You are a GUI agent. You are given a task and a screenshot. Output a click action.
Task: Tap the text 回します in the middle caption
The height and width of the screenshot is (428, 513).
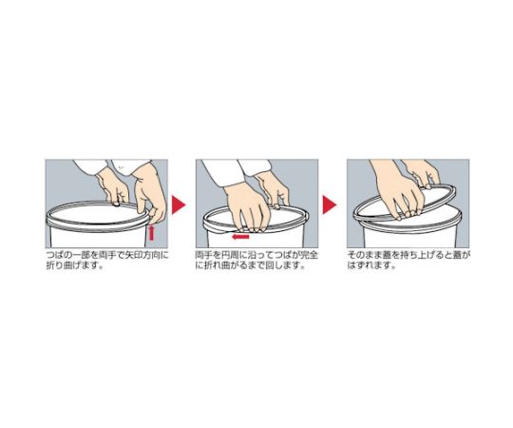pyautogui.click(x=289, y=267)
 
